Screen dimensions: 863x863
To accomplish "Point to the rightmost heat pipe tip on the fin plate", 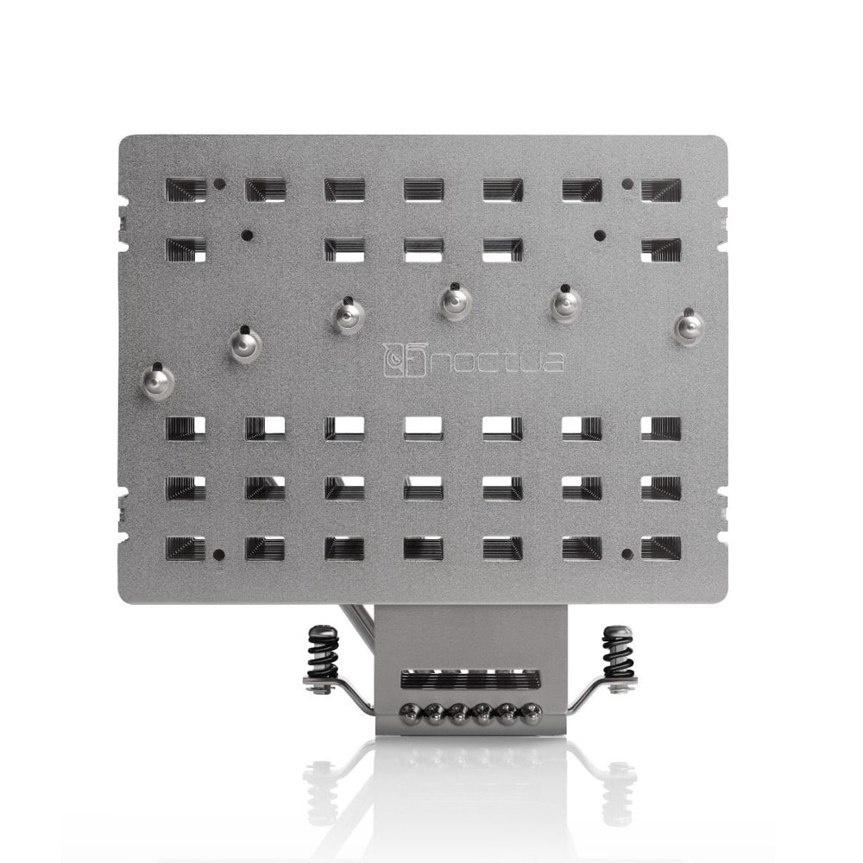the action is (690, 327).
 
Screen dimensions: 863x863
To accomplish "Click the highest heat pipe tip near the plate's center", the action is (457, 300).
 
